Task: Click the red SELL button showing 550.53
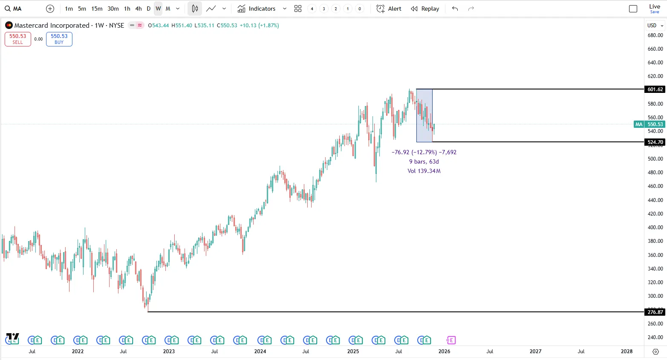click(18, 39)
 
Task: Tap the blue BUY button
click(59, 39)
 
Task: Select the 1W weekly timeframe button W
click(158, 9)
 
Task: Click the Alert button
click(389, 9)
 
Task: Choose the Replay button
click(425, 9)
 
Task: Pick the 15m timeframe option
click(97, 9)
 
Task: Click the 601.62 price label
click(655, 89)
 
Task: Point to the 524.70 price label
click(655, 142)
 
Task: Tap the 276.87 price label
click(655, 312)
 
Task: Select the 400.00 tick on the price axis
click(655, 228)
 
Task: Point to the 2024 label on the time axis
click(260, 351)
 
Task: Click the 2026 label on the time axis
click(444, 351)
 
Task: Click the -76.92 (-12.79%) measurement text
click(414, 152)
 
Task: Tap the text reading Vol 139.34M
click(424, 171)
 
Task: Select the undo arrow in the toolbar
click(455, 9)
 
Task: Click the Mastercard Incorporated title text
click(52, 26)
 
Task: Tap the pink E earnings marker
click(451, 340)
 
